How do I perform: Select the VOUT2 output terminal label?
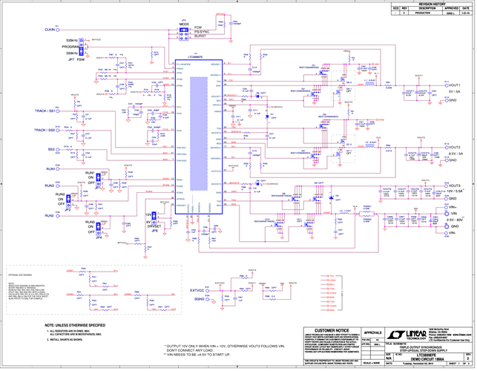(455, 147)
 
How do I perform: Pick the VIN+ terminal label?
(454, 211)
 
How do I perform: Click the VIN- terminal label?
(454, 233)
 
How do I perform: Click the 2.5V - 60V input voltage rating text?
(454, 220)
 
